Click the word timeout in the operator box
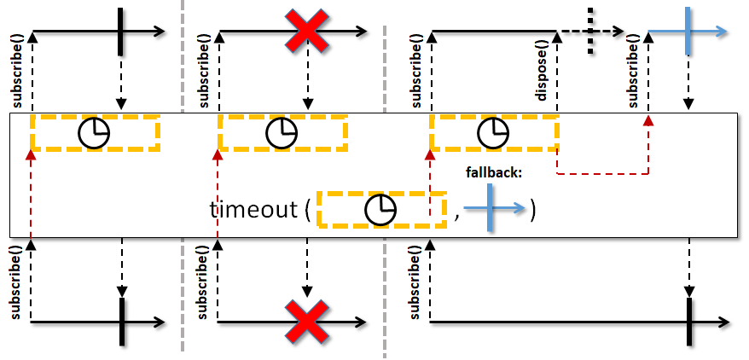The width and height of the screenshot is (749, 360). (x=253, y=210)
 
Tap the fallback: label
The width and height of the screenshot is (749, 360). (x=494, y=173)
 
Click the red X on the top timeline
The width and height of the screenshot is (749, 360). (x=306, y=31)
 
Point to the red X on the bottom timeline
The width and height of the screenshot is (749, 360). (x=306, y=322)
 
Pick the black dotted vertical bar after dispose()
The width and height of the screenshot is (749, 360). (x=591, y=31)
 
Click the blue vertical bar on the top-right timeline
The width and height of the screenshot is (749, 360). (x=688, y=31)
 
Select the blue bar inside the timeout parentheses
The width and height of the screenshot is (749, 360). (x=490, y=209)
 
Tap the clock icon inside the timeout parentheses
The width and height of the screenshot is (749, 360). (x=380, y=210)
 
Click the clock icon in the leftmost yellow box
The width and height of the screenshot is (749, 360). (x=94, y=133)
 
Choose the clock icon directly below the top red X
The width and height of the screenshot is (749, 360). (x=282, y=133)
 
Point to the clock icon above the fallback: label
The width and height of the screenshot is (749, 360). (x=493, y=133)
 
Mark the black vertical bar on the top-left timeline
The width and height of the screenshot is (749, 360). (x=120, y=31)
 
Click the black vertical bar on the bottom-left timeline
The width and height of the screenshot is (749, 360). (x=122, y=322)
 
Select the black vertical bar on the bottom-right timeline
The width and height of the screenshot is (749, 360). (x=688, y=322)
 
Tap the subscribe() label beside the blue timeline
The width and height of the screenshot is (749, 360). (x=633, y=71)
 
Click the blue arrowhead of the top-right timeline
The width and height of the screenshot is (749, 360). (x=722, y=32)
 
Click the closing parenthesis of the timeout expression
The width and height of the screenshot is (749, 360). (x=532, y=210)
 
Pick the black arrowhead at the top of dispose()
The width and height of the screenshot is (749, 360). (x=557, y=37)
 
